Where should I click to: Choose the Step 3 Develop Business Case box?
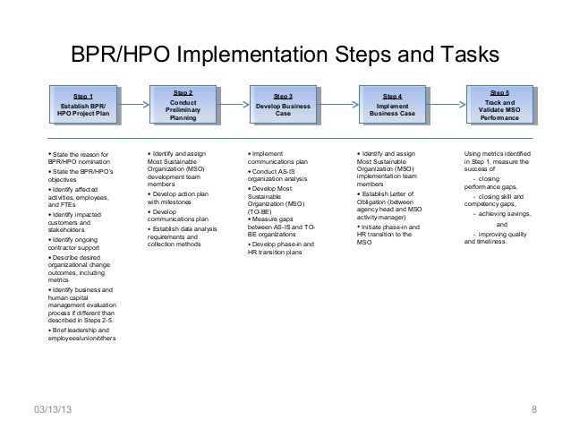[283, 105]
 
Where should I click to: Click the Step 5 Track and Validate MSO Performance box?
[500, 105]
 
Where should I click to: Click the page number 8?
[533, 411]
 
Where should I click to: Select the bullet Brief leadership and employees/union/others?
[81, 333]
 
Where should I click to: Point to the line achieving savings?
[501, 216]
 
